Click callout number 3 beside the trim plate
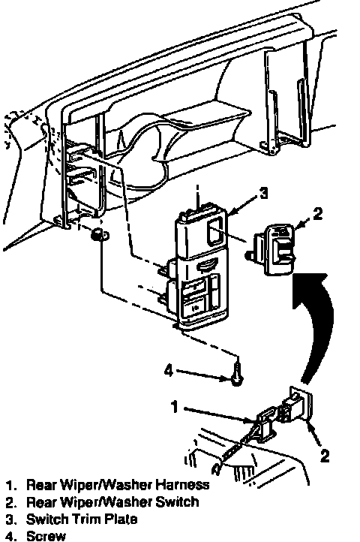coord(263,193)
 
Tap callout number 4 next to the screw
coord(169,372)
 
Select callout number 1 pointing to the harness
coord(175,407)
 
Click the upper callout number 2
coord(317,213)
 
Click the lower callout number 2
coord(325,456)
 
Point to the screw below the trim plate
coord(237,374)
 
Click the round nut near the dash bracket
coord(97,236)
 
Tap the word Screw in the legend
coord(46,536)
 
